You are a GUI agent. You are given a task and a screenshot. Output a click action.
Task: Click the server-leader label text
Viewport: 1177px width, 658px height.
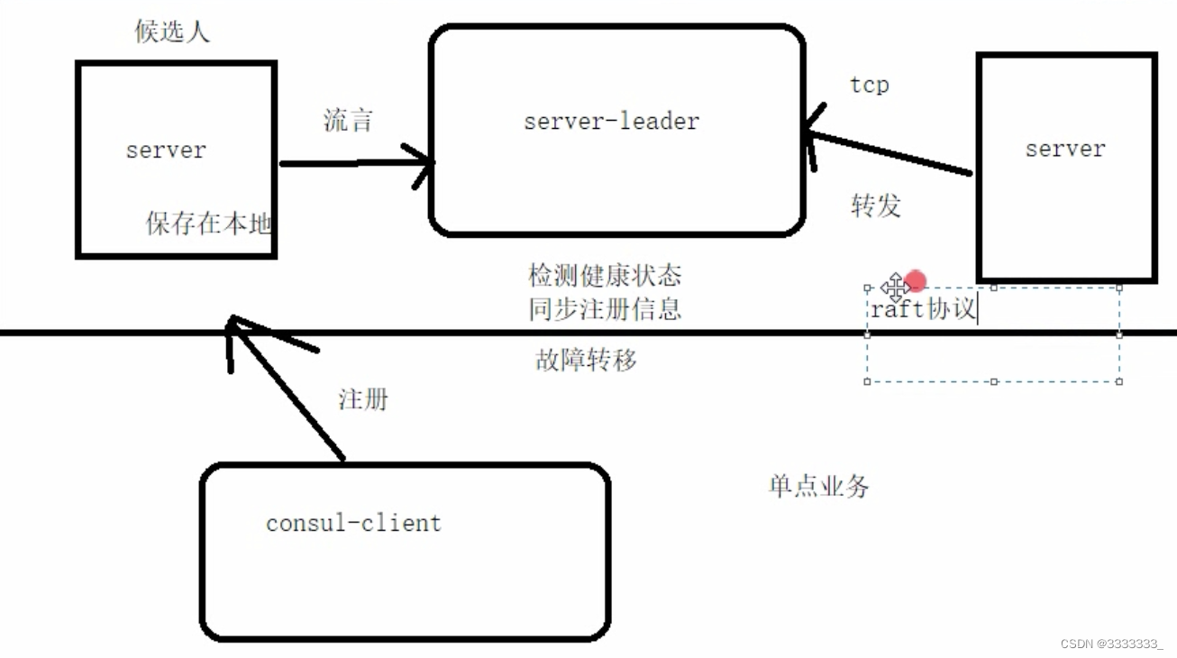(x=611, y=122)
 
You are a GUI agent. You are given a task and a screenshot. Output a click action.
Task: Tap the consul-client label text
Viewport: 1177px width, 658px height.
(x=353, y=523)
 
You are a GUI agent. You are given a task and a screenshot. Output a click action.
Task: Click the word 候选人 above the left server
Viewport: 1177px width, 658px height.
(x=172, y=32)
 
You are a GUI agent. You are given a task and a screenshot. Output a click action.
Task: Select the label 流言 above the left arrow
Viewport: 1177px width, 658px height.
(x=348, y=121)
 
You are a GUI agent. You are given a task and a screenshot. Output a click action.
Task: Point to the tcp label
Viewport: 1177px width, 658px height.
(x=869, y=86)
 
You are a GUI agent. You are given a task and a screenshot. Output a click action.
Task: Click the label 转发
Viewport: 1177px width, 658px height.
(x=875, y=206)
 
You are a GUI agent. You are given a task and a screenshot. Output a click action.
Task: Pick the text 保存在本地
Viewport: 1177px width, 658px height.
(x=209, y=223)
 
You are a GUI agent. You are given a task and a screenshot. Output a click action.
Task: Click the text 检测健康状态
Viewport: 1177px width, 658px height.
(x=605, y=275)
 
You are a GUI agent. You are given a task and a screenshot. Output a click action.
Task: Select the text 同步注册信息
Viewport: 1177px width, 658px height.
(x=605, y=309)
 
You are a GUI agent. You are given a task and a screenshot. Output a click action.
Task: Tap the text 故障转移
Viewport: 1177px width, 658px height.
(x=586, y=361)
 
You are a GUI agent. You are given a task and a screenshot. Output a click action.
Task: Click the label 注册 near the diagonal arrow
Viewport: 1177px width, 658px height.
(x=363, y=398)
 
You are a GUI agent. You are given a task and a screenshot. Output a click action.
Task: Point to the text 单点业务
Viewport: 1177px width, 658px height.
(x=818, y=487)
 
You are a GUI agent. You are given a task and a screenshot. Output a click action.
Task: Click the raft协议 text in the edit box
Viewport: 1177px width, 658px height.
(x=923, y=309)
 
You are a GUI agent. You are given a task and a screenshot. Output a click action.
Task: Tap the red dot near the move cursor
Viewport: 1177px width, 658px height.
(x=916, y=281)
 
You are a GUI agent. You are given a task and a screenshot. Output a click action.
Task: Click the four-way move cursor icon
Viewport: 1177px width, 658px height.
(x=894, y=288)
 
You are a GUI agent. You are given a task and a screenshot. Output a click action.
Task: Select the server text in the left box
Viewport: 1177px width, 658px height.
(x=166, y=151)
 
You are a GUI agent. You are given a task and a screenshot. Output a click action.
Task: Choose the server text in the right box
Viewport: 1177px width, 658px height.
(x=1065, y=149)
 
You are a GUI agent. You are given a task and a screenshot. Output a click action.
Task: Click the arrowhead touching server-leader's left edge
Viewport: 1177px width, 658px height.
(x=424, y=163)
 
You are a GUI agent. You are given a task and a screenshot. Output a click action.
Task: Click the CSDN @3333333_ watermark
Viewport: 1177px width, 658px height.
(x=1111, y=644)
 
